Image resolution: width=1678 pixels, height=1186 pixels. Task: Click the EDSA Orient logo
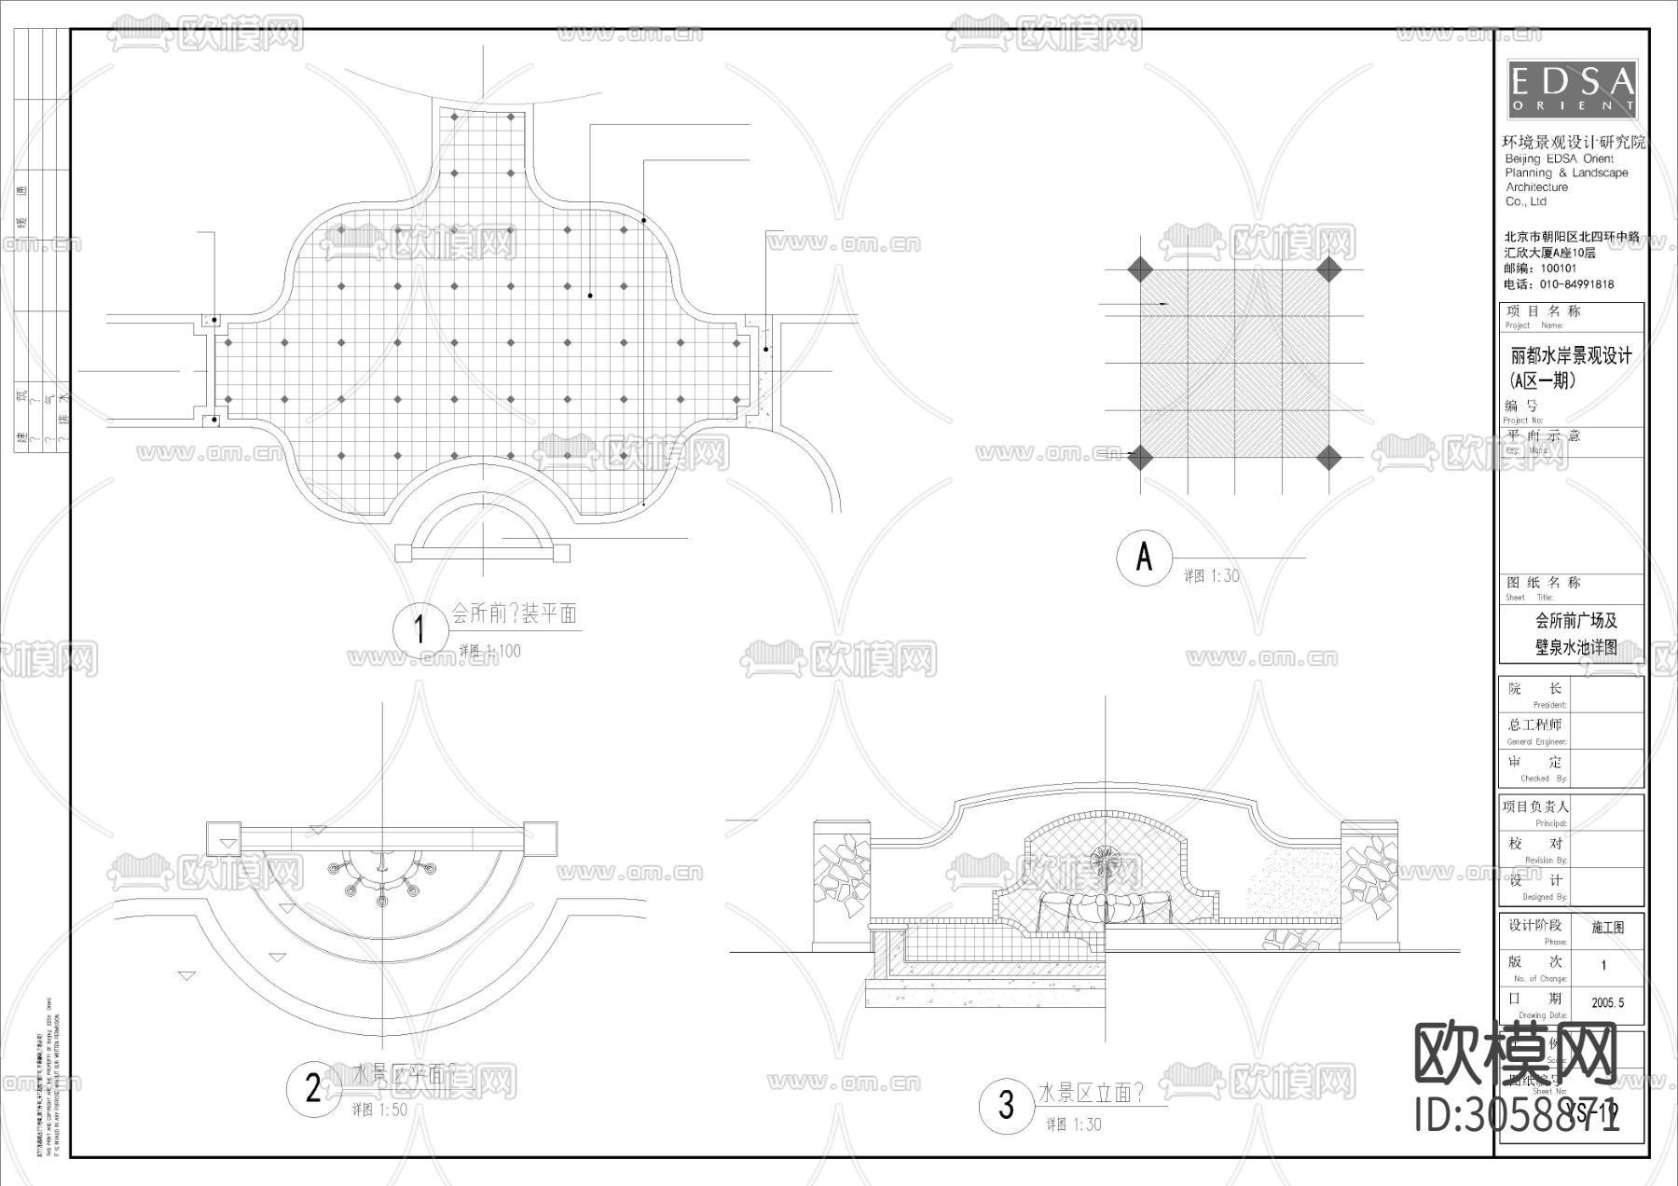coord(1572,90)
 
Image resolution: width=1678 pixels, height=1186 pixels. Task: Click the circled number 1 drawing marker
coord(419,630)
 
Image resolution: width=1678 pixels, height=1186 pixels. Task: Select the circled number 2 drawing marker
coord(313,1087)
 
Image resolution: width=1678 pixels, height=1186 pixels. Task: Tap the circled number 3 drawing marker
coord(1006,1105)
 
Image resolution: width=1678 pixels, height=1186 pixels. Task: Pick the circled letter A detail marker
coord(1144,557)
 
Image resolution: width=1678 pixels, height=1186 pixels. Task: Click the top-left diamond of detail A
coord(1139,270)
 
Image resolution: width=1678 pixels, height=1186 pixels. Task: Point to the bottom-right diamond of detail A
coord(1329,457)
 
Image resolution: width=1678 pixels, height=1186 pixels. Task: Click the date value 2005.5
coord(1607,1003)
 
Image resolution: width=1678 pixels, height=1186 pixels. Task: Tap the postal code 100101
coord(1559,269)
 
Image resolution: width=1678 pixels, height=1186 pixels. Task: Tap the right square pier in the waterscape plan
coord(540,836)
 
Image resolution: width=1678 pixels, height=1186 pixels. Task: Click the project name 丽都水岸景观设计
coord(1571,355)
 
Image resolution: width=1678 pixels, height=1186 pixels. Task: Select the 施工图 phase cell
coord(1607,928)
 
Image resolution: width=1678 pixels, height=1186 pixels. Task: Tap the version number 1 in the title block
coord(1603,966)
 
